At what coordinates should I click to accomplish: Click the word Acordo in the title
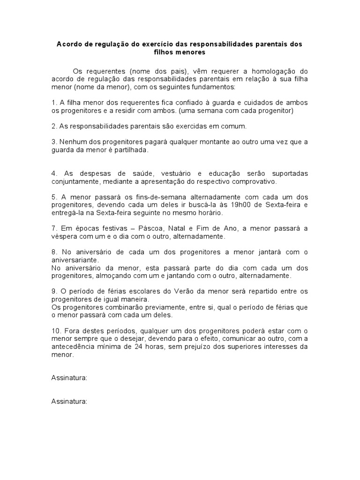pyautogui.click(x=69, y=44)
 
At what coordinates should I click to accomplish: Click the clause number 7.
pyautogui.click(x=53, y=228)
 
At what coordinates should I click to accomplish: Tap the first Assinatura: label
pyautogui.click(x=69, y=379)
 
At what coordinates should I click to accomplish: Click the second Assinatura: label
pyautogui.click(x=69, y=402)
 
